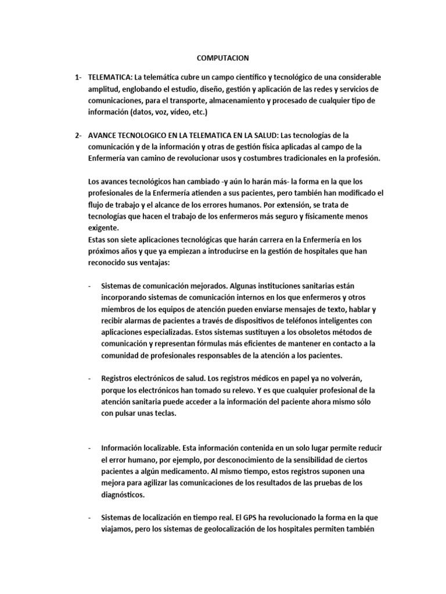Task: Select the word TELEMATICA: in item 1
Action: click(110, 77)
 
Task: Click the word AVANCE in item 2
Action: click(102, 136)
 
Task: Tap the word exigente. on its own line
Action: click(102, 228)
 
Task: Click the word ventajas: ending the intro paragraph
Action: click(153, 263)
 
